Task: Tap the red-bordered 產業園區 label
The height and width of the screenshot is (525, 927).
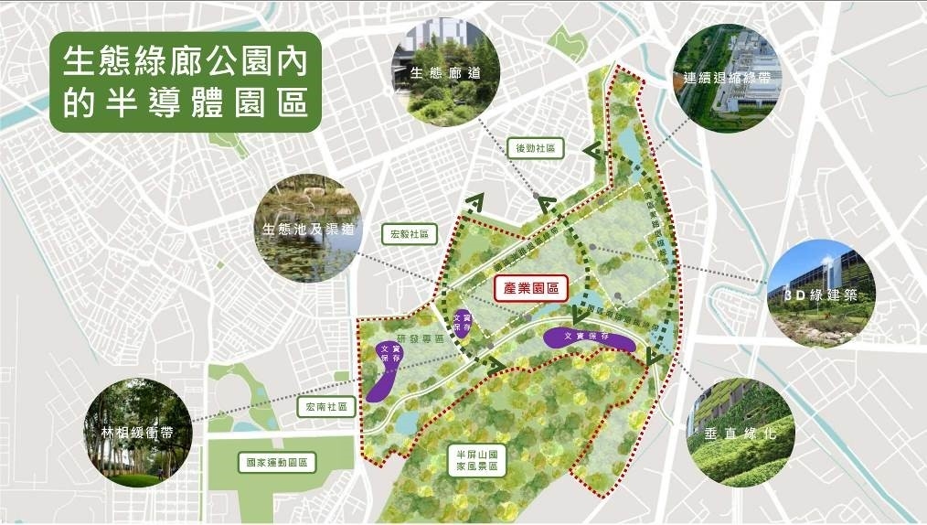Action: click(531, 289)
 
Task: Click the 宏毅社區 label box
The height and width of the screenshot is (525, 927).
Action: click(410, 234)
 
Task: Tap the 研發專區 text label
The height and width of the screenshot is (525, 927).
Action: click(425, 337)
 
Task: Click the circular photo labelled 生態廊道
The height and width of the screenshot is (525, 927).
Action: click(445, 70)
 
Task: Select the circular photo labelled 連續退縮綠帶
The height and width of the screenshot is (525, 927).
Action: click(729, 76)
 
